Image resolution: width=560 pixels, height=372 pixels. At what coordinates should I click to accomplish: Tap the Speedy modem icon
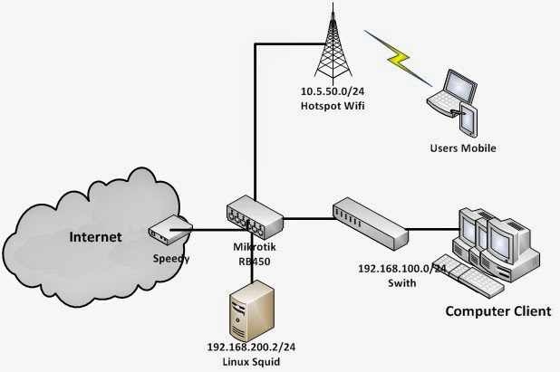[168, 230]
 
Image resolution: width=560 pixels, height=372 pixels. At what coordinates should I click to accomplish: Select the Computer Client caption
[497, 311]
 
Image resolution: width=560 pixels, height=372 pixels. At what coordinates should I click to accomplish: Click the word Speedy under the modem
[171, 257]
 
